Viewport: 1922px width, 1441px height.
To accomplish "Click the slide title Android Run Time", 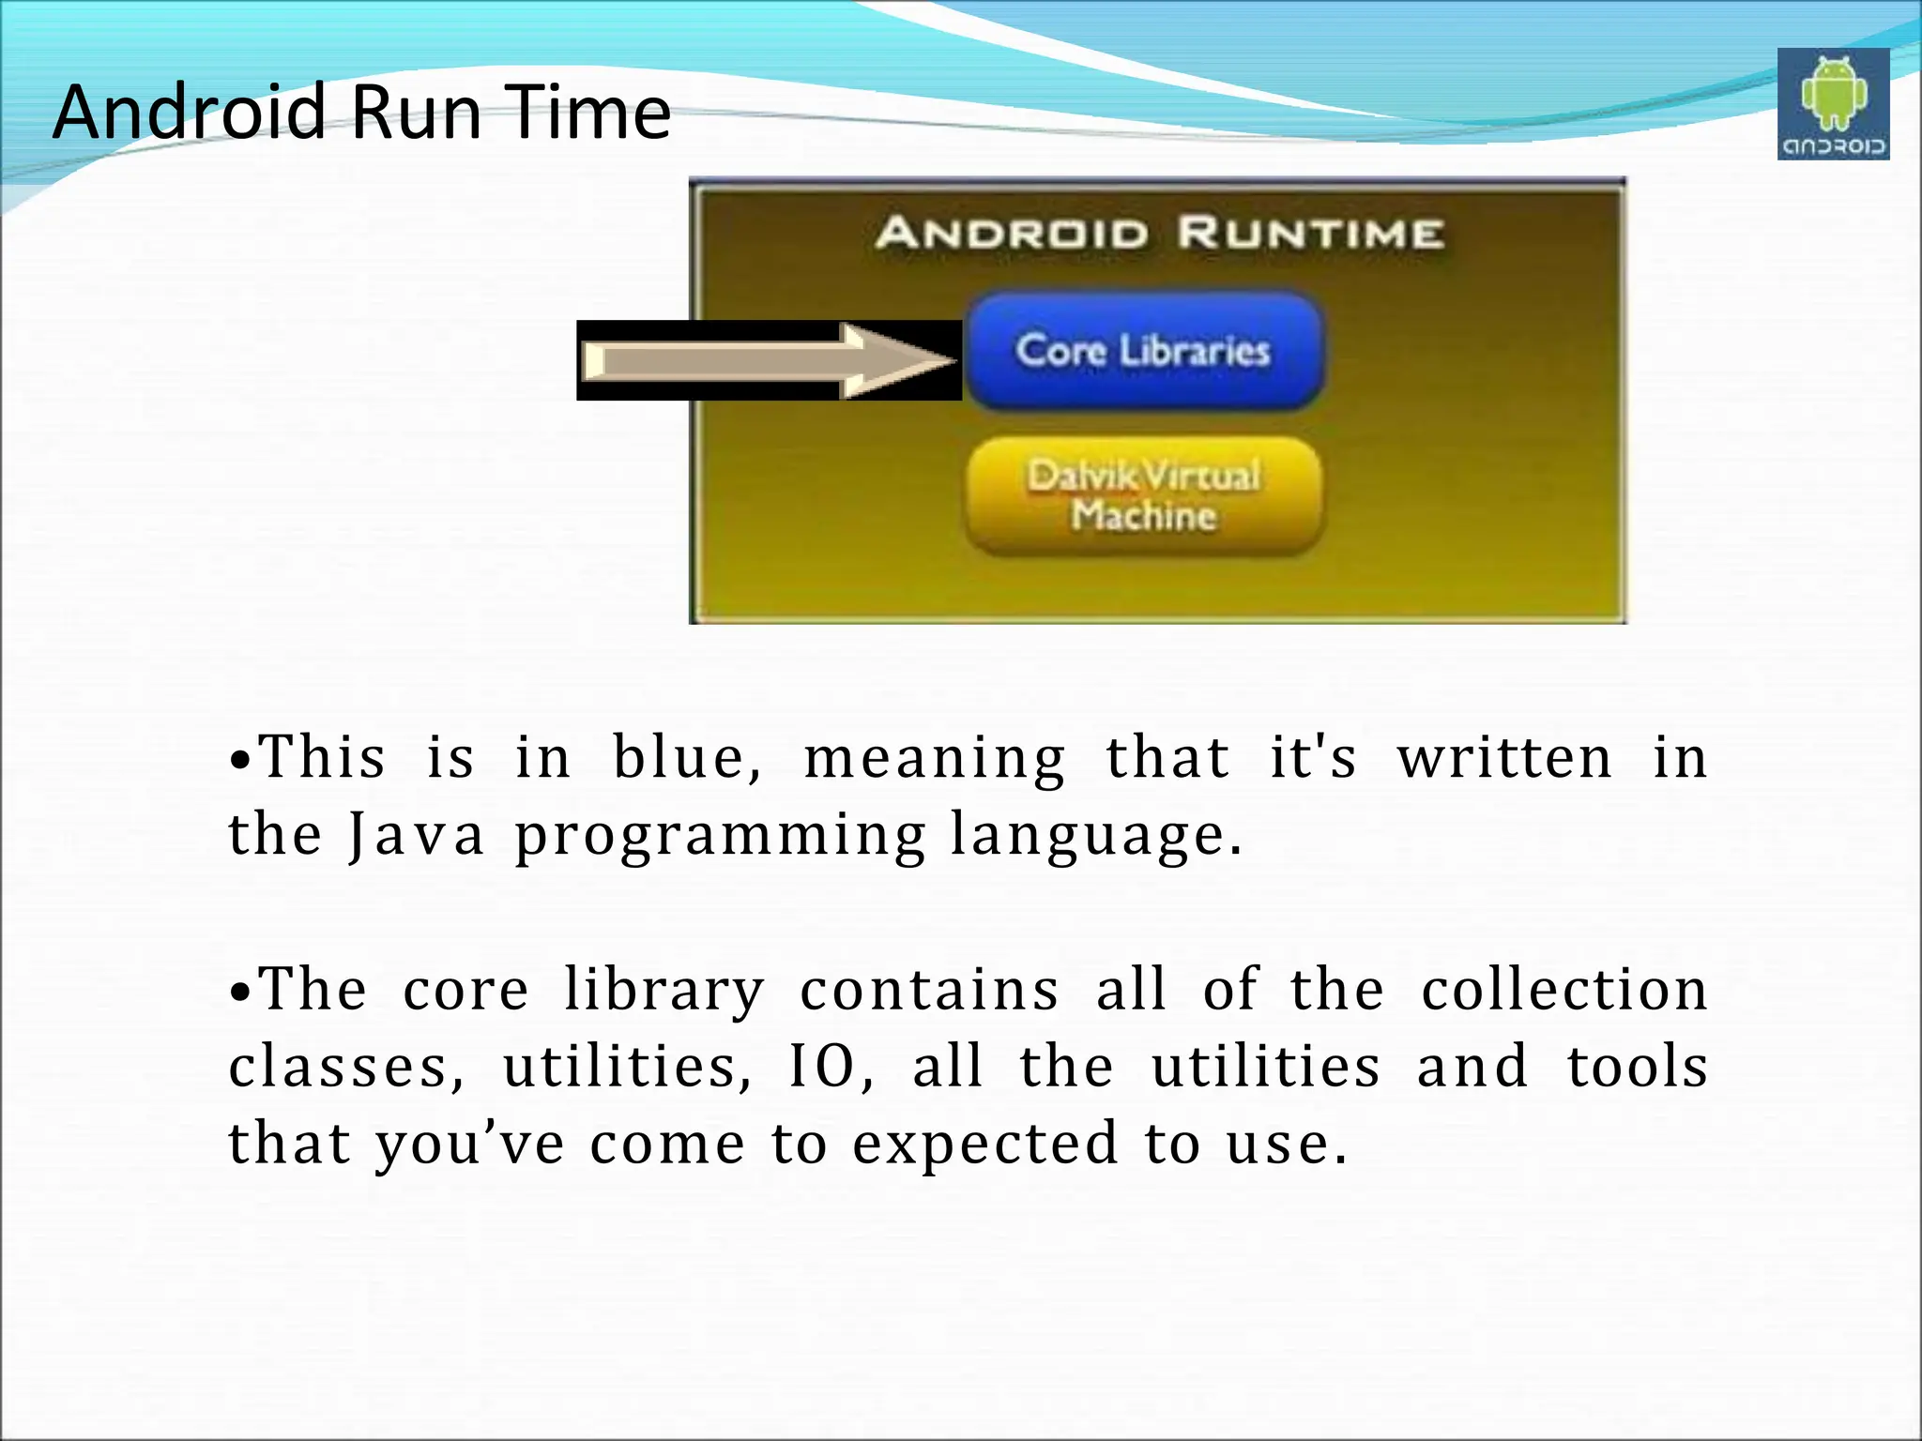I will (361, 112).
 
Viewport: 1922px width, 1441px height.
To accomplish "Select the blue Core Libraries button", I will (1144, 351).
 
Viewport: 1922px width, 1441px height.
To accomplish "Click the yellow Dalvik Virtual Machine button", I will (1144, 495).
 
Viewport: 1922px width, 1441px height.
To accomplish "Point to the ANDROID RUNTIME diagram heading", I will (1159, 233).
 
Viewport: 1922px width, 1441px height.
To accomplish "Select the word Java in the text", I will (417, 835).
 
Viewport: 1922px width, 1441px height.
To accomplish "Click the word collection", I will (1564, 991).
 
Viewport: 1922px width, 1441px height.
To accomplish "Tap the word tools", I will (1638, 1068).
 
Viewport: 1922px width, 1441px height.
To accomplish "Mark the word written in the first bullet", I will (1504, 758).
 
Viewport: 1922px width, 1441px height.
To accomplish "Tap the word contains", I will (929, 991).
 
